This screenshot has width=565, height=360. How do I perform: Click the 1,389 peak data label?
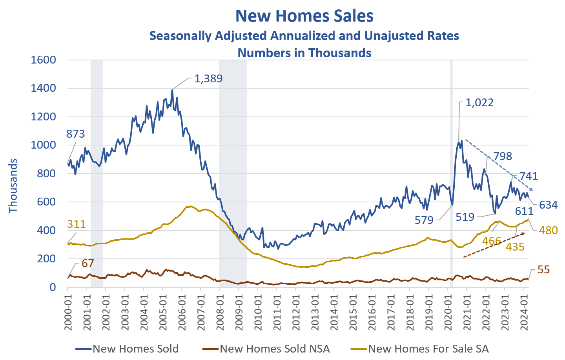coord(208,79)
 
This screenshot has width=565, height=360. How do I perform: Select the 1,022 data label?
coord(479,103)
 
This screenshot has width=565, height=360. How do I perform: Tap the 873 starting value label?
coord(75,134)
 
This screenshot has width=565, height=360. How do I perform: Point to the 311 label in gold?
coord(76,224)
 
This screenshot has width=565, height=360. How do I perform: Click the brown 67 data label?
coord(87,263)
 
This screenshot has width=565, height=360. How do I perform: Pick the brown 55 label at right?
coord(543,270)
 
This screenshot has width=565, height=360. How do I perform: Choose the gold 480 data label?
coord(548,230)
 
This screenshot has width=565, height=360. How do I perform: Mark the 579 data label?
coord(424,220)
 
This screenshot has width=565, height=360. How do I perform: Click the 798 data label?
coord(503,156)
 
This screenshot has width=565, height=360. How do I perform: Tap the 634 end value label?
coord(548,205)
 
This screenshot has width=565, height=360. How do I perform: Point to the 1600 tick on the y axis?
coord(44,60)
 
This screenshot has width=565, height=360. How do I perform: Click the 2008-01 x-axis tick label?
coord(220,310)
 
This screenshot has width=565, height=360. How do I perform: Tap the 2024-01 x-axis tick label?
coord(524,310)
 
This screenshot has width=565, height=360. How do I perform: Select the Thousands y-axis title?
coord(13,185)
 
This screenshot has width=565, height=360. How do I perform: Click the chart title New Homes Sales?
coord(304,16)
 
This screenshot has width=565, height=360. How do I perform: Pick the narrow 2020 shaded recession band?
coord(452,173)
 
